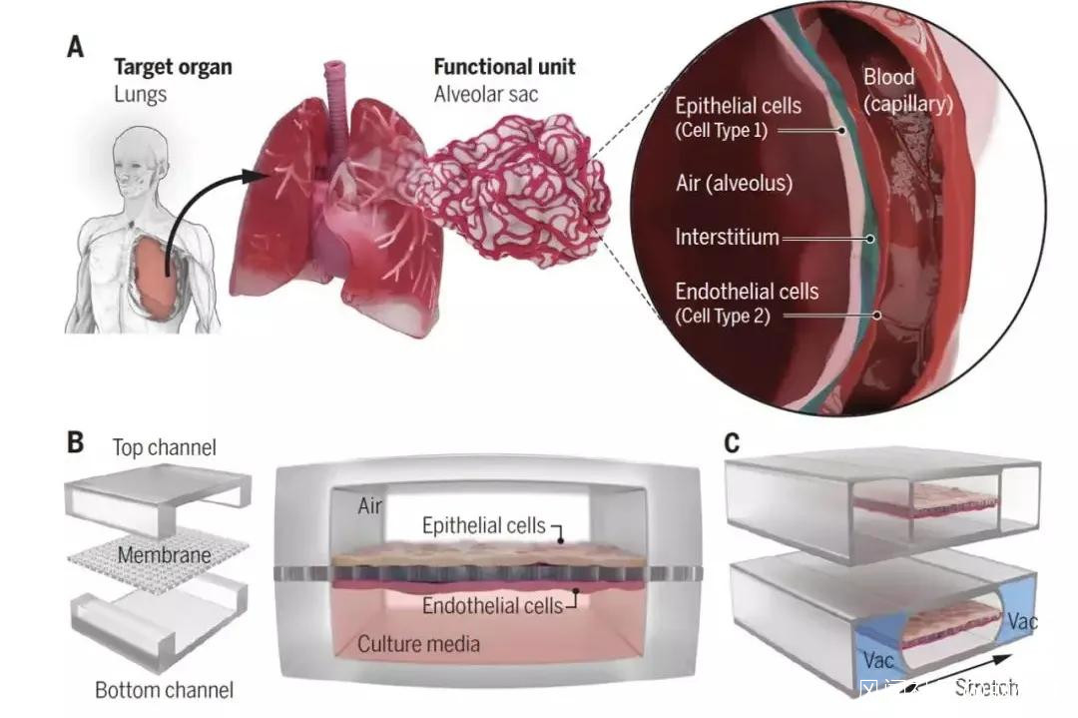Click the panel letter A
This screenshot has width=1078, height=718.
76,47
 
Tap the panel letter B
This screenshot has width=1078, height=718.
76,441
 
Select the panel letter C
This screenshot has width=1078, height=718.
733,441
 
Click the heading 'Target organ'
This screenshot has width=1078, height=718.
173,68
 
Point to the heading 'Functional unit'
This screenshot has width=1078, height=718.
505,68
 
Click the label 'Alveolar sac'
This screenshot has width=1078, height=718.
485,95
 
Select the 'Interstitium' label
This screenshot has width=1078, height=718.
727,238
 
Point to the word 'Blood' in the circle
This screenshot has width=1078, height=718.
888,78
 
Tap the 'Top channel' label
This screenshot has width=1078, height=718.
164,447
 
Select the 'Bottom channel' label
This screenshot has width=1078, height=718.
164,689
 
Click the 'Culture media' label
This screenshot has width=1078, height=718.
418,644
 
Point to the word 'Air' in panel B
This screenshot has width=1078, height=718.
370,506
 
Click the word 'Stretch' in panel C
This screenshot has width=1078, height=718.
986,687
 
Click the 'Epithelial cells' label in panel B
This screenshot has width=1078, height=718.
483,525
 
